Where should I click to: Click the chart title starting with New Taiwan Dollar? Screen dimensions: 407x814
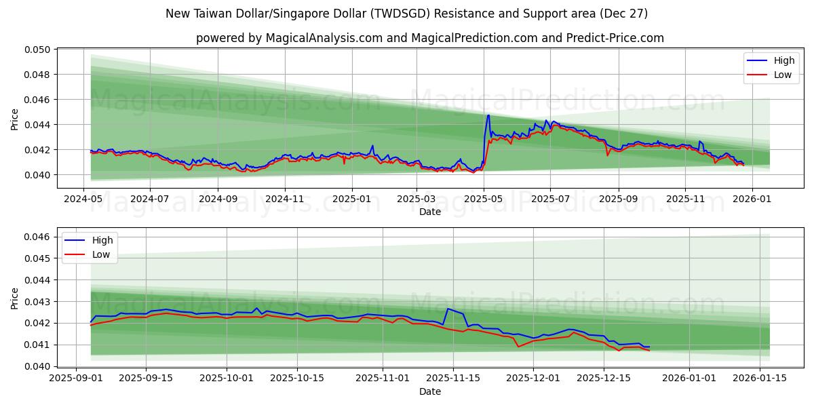(x=406, y=14)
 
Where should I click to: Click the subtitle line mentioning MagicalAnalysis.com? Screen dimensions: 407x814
(x=429, y=38)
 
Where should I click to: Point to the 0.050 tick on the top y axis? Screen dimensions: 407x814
(x=39, y=50)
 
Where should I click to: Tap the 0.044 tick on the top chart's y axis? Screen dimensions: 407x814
(x=39, y=125)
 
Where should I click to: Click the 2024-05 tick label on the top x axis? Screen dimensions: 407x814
(x=83, y=200)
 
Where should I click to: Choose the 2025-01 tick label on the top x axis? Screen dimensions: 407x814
(x=351, y=200)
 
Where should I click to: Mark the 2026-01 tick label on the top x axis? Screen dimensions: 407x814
(x=752, y=200)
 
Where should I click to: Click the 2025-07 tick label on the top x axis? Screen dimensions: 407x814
(x=549, y=200)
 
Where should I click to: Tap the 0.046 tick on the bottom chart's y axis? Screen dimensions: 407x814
(x=39, y=237)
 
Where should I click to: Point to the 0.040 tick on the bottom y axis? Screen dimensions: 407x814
(x=39, y=366)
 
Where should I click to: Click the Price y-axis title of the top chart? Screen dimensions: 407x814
(x=15, y=119)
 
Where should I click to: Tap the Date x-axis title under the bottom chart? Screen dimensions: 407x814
(x=429, y=391)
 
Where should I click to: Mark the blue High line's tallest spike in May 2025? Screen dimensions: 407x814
(x=488, y=115)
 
